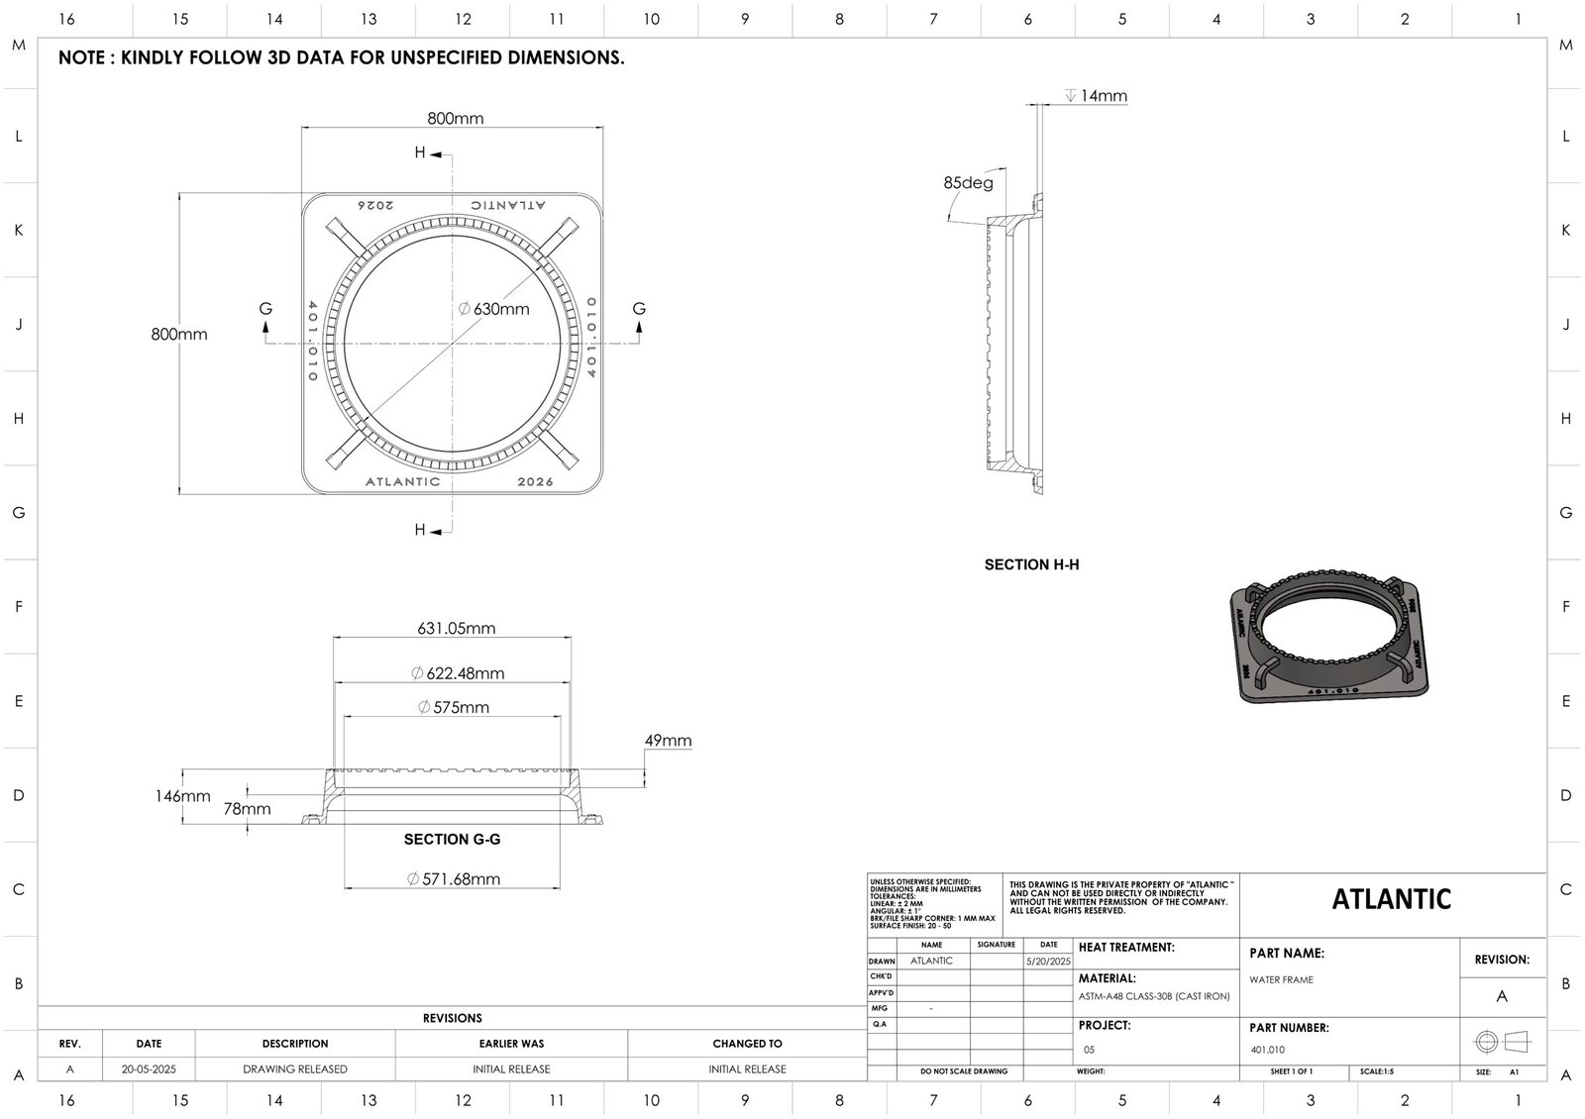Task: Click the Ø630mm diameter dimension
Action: [494, 309]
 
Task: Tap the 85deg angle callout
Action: [968, 183]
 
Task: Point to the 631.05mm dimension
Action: [456, 628]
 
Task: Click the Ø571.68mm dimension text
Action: [454, 878]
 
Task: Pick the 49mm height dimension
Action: [668, 741]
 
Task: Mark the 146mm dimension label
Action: [182, 796]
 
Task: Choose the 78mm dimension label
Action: [247, 809]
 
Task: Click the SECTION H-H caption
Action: [1031, 564]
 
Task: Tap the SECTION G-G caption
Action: [452, 839]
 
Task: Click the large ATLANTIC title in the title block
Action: [1391, 899]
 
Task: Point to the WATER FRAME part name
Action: [1282, 979]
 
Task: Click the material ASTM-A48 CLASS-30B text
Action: [1153, 996]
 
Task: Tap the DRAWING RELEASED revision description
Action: [295, 1069]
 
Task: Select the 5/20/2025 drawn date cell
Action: [1048, 962]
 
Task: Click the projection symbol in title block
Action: [1502, 1042]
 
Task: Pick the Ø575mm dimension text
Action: [454, 707]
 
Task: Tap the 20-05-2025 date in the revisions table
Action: [149, 1069]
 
